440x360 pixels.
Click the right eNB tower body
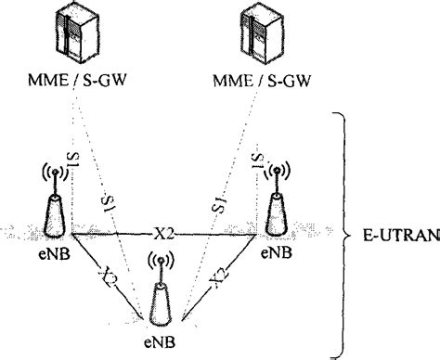tap(274, 214)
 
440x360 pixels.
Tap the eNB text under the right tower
tap(275, 251)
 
